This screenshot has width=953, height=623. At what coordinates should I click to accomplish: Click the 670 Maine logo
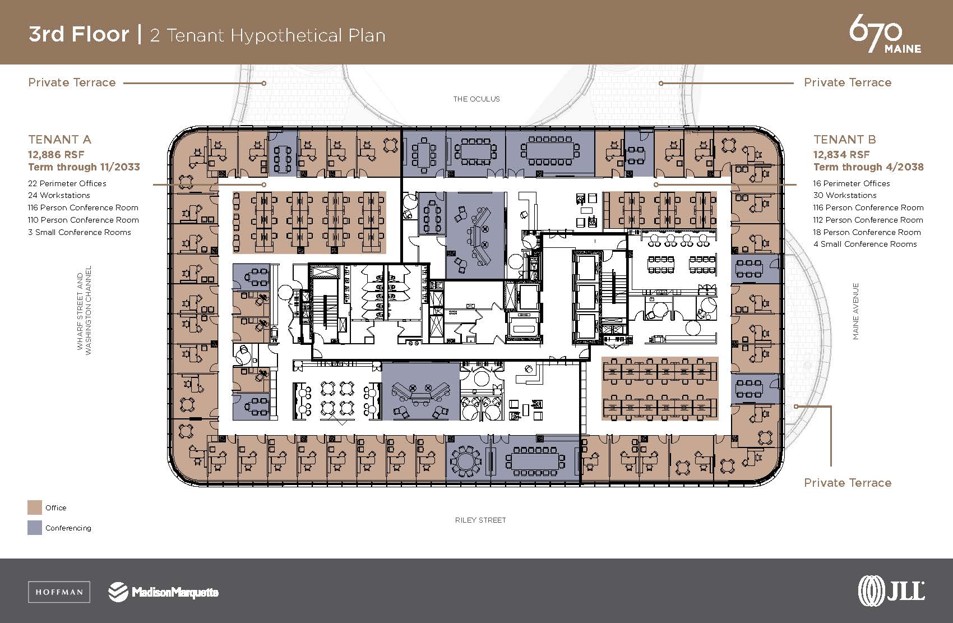885,34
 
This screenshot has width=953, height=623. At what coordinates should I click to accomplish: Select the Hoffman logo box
59,592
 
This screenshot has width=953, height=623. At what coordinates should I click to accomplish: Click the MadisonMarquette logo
164,592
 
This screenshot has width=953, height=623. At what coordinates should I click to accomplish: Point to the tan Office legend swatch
35,507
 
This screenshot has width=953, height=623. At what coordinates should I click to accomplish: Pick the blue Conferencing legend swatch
35,528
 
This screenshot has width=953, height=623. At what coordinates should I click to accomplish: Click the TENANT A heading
59,139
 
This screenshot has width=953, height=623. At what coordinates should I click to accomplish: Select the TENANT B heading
844,139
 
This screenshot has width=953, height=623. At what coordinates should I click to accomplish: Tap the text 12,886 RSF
56,154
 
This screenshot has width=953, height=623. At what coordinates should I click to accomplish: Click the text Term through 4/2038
868,167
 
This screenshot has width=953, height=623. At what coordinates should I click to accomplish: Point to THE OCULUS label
476,99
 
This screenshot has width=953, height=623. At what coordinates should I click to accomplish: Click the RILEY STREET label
480,520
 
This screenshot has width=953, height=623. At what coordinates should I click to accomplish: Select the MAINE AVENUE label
855,311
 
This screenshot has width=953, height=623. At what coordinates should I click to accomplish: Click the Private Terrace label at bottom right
847,482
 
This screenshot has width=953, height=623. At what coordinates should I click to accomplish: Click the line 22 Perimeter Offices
67,183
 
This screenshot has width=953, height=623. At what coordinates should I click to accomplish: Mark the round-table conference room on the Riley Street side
466,461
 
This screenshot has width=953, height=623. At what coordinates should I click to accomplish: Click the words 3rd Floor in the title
78,35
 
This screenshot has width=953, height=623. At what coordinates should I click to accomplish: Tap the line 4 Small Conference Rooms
865,244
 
